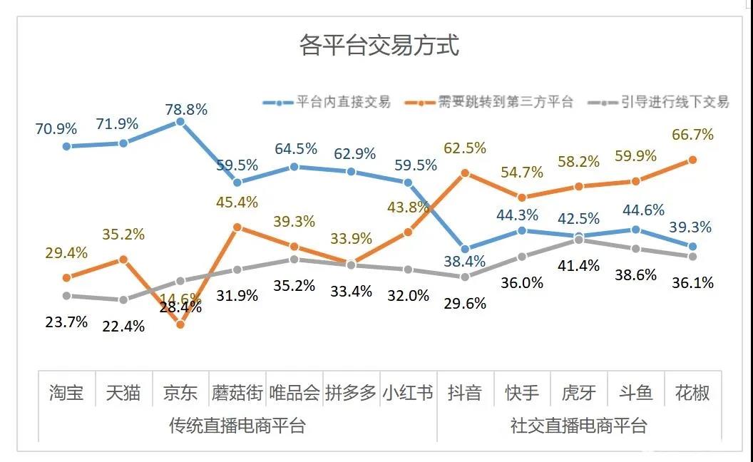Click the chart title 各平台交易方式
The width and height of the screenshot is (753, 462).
[379, 46]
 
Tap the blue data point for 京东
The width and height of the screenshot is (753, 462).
[180, 122]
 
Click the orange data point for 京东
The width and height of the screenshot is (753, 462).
[180, 324]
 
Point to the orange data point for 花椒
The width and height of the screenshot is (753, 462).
[692, 160]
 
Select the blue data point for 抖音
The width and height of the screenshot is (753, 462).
[465, 249]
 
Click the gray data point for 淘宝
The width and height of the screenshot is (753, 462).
[66, 295]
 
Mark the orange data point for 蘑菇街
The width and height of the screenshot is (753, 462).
[237, 227]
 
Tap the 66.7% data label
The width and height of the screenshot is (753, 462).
[692, 135]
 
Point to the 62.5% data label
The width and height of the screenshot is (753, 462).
[465, 148]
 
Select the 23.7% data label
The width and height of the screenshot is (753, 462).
[66, 322]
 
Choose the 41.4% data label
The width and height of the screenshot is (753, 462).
[578, 266]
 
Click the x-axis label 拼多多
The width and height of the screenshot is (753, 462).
[351, 393]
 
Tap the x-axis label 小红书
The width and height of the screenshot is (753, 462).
[408, 393]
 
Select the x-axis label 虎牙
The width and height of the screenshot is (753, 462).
[578, 393]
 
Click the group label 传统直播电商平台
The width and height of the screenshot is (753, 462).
[237, 426]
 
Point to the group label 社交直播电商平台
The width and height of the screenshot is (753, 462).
[578, 426]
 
